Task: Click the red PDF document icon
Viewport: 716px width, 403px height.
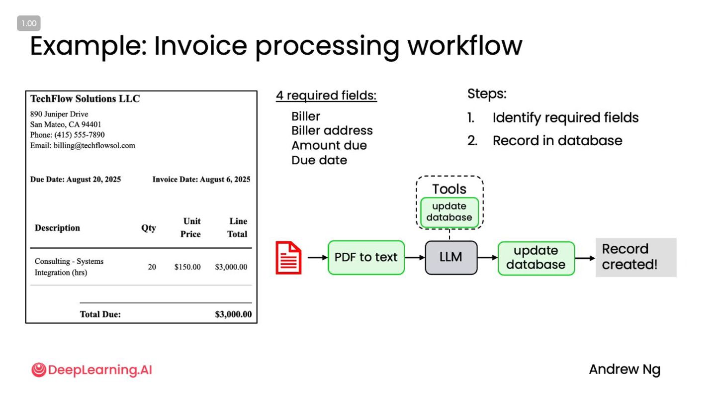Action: (288, 258)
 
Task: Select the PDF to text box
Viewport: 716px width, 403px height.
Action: (366, 258)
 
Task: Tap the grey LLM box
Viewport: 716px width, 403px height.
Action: (451, 258)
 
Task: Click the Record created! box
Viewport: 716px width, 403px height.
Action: (635, 257)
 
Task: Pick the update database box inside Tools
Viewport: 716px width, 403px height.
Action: (449, 212)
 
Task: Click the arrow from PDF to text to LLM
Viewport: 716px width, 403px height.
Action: (415, 258)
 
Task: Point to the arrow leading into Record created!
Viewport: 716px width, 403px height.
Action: (585, 258)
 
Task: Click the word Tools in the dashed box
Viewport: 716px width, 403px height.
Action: (449, 189)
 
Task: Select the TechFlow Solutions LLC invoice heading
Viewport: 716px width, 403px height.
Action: (85, 99)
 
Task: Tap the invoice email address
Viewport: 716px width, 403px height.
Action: (83, 146)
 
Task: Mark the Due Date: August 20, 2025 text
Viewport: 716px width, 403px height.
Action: (76, 180)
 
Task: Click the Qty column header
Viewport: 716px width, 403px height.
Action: (149, 228)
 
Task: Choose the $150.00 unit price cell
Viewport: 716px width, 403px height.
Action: (187, 267)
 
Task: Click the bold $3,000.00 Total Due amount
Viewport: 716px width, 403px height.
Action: (233, 314)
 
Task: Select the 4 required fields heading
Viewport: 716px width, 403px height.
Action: (326, 96)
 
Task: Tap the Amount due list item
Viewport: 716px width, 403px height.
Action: (329, 145)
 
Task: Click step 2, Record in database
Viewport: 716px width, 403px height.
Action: (557, 141)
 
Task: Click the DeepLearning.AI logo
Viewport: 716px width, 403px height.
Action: (91, 370)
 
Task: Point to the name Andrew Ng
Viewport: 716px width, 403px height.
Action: (625, 370)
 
